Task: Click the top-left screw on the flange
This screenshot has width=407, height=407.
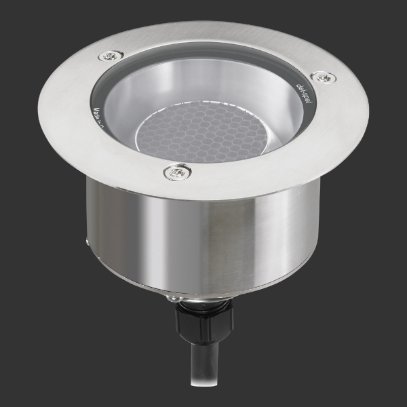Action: pos(109,56)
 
